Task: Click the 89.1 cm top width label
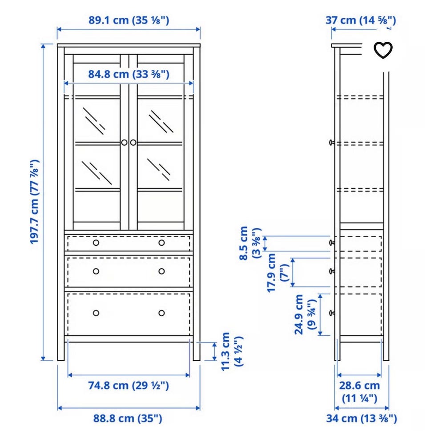pyautogui.click(x=129, y=20)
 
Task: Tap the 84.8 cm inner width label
pyautogui.click(x=129, y=74)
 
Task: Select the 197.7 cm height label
pyautogui.click(x=34, y=202)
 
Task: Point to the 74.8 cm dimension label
pyautogui.click(x=129, y=386)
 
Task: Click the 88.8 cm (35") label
pyautogui.click(x=128, y=418)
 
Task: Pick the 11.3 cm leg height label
pyautogui.click(x=232, y=351)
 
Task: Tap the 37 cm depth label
pyautogui.click(x=361, y=20)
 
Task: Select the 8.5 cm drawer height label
pyautogui.click(x=250, y=243)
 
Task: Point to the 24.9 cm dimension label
pyautogui.click(x=305, y=315)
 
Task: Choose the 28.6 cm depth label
pyautogui.click(x=359, y=391)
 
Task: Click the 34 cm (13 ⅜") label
pyautogui.click(x=362, y=418)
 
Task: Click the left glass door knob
pyautogui.click(x=124, y=143)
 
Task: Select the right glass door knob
pyautogui.click(x=133, y=143)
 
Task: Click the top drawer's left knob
pyautogui.click(x=96, y=243)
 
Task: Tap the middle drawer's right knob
pyautogui.click(x=161, y=271)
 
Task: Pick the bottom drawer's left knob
pyautogui.click(x=96, y=313)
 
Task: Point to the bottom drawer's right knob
pyautogui.click(x=161, y=313)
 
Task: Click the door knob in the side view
pyautogui.click(x=331, y=143)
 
